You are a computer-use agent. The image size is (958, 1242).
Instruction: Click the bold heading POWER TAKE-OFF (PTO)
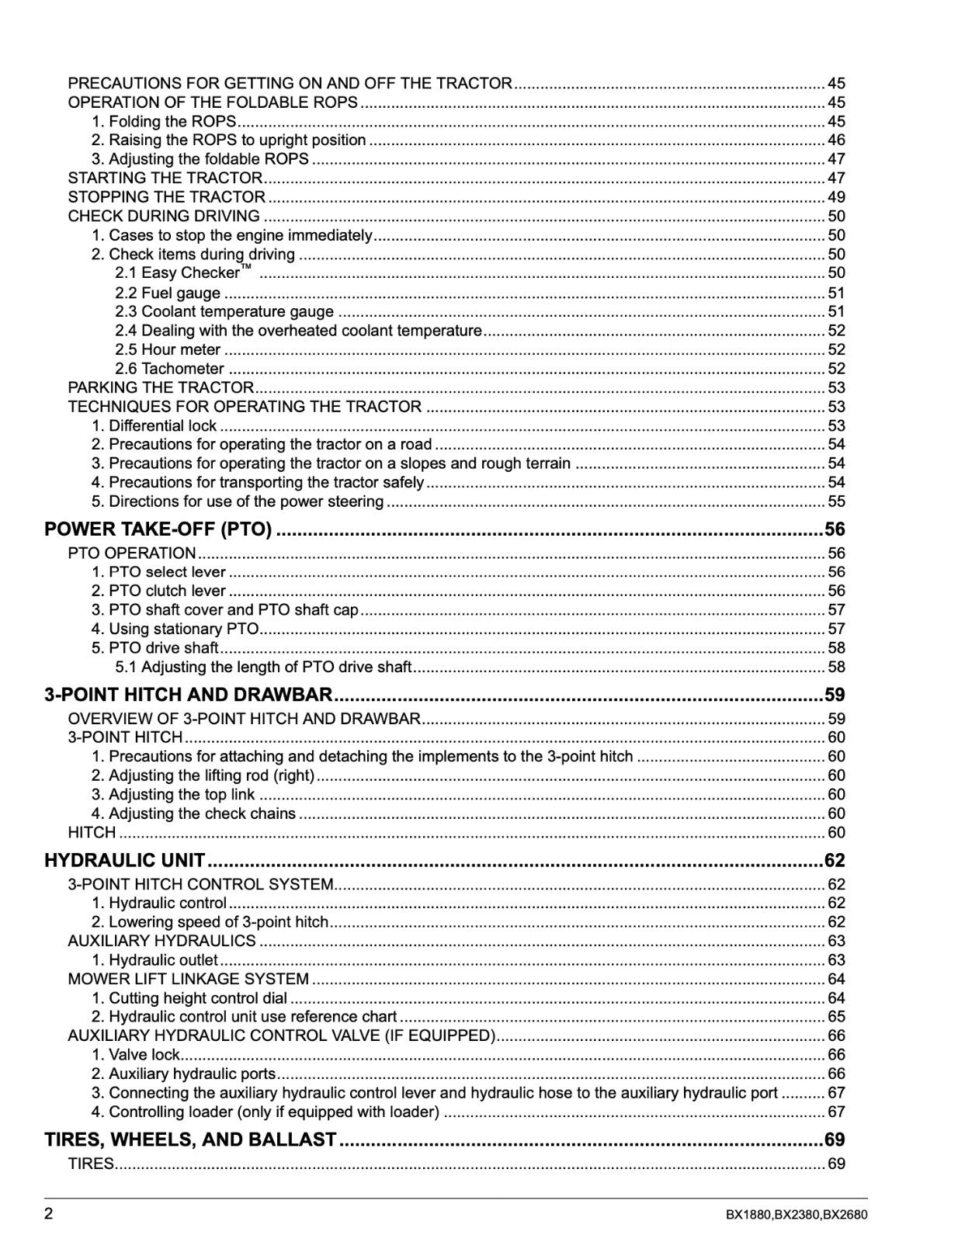click(158, 530)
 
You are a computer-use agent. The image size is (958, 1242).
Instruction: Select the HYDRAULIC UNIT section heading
click(125, 860)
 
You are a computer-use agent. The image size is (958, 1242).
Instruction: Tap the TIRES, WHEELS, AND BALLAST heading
click(190, 1140)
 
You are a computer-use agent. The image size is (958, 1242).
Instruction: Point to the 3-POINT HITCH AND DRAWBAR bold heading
click(189, 695)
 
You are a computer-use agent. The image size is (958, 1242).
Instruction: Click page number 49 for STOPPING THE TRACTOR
click(836, 197)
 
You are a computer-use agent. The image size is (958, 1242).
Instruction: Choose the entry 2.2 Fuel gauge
click(168, 293)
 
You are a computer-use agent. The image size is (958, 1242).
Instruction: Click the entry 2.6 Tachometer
click(169, 369)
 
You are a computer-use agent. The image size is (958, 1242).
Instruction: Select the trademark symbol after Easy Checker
click(246, 268)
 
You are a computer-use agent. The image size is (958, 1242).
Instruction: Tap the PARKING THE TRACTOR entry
click(161, 387)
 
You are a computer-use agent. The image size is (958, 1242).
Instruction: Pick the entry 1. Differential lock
click(154, 425)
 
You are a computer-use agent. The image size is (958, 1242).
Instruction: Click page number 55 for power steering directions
click(836, 501)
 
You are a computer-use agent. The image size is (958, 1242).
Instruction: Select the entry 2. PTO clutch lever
click(158, 591)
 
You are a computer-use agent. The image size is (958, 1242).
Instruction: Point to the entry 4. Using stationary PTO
click(175, 629)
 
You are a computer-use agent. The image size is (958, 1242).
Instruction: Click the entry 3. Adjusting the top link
click(173, 794)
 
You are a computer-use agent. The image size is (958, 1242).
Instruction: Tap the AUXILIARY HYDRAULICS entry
click(161, 941)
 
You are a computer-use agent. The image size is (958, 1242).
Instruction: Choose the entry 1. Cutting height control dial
click(189, 998)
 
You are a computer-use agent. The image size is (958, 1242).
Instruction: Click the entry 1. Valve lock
click(136, 1055)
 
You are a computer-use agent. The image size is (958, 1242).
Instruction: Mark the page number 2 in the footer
click(49, 1215)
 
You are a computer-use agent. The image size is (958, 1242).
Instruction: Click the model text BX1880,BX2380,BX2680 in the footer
click(797, 1216)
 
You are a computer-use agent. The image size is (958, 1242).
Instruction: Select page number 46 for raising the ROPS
click(836, 141)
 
